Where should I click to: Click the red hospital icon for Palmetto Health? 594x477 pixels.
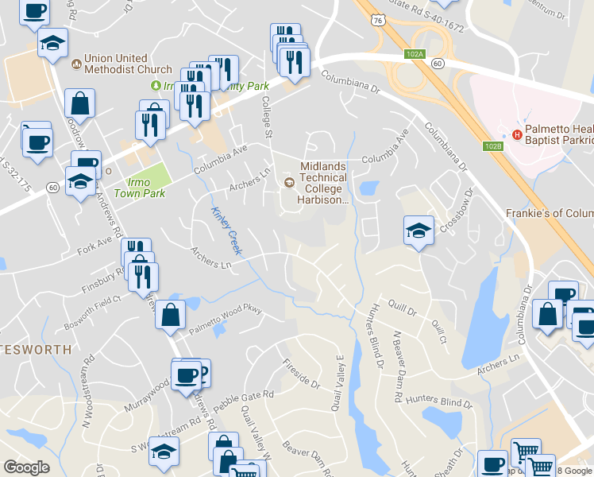click(x=517, y=134)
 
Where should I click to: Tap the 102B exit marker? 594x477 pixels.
click(x=492, y=145)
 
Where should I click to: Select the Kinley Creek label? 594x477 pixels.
click(x=226, y=231)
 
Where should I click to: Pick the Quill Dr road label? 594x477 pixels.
click(x=396, y=304)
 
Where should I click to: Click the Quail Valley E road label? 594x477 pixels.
click(x=340, y=382)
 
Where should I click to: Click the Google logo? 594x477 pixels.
click(x=26, y=467)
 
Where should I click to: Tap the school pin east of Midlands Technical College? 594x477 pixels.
click(x=418, y=231)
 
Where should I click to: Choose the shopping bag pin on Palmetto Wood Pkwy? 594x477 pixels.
click(x=171, y=316)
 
